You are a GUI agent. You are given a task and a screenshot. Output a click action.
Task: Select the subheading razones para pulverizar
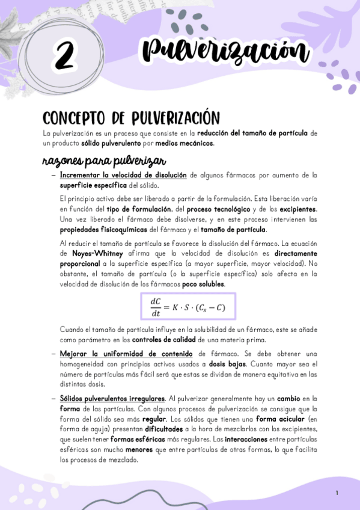pos(100,162)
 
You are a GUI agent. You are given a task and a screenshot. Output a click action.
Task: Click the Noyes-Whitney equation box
pos(187,307)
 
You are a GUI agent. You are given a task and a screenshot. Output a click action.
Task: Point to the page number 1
pos(337,493)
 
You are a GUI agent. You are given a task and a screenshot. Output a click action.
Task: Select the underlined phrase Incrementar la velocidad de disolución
pos(123,175)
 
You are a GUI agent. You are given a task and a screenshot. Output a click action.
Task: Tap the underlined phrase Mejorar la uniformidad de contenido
pos(126,354)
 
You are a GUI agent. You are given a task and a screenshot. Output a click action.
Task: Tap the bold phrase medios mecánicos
pos(185,143)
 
